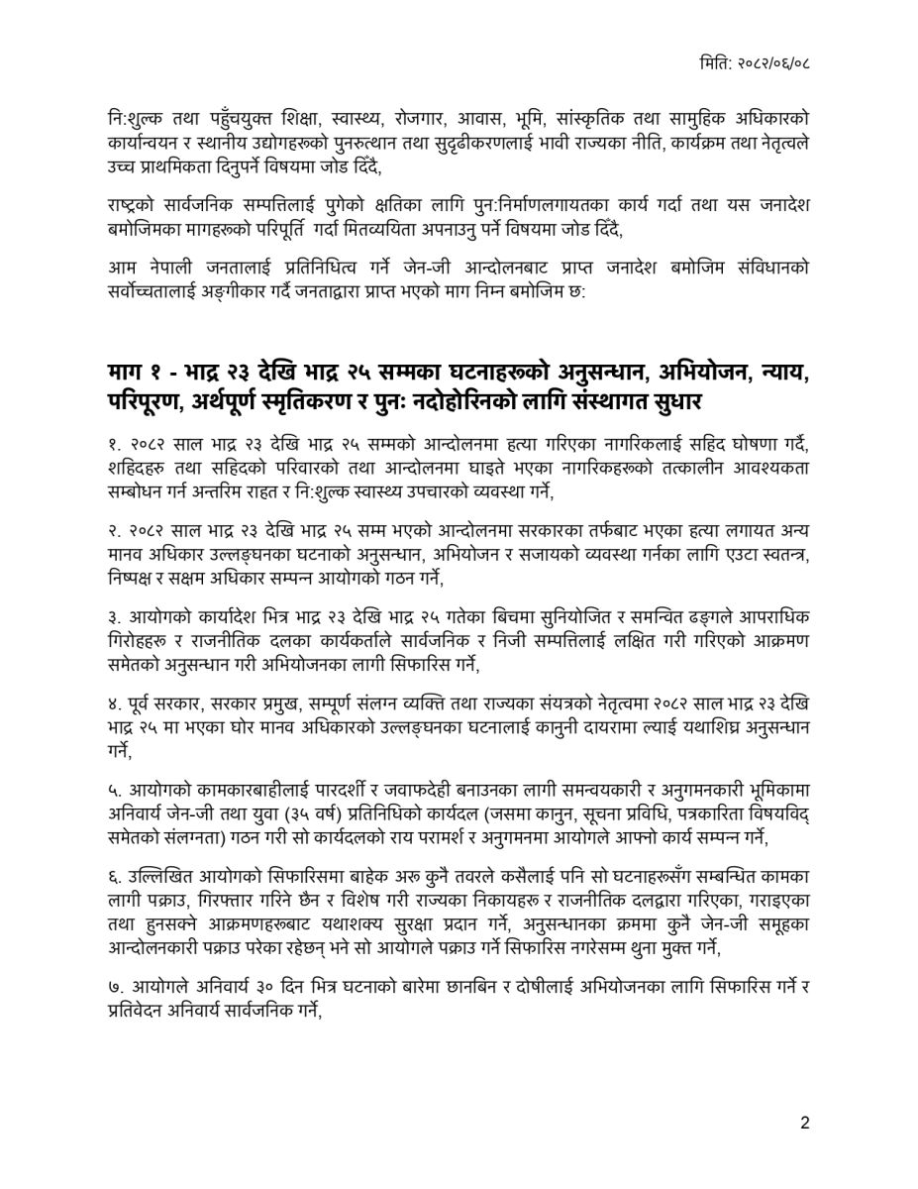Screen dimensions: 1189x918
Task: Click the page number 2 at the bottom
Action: coord(805,1124)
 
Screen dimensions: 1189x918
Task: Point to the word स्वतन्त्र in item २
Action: coord(777,555)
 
